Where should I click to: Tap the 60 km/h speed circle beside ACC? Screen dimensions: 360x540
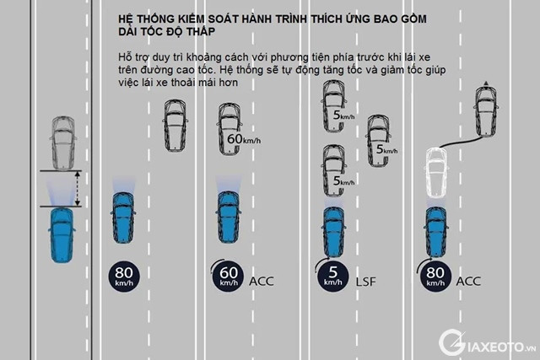coord(227,276)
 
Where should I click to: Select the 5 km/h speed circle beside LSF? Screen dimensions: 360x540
coord(332,276)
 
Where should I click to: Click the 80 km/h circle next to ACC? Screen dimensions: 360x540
coord(435,276)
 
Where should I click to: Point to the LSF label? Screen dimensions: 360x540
coord(365,280)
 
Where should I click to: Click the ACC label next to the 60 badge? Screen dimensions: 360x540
coord(262,280)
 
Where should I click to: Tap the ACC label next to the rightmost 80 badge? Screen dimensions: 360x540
coord(468,280)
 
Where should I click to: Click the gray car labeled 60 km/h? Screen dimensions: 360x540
coord(229,128)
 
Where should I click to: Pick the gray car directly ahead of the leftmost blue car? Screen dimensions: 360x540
coord(62,142)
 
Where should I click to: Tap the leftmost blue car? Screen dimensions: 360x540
coord(62,234)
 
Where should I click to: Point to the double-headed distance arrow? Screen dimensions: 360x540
coord(78,188)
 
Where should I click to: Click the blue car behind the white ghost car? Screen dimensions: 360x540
coord(435,231)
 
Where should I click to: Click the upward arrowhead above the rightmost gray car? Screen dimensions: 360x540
coord(485,83)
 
